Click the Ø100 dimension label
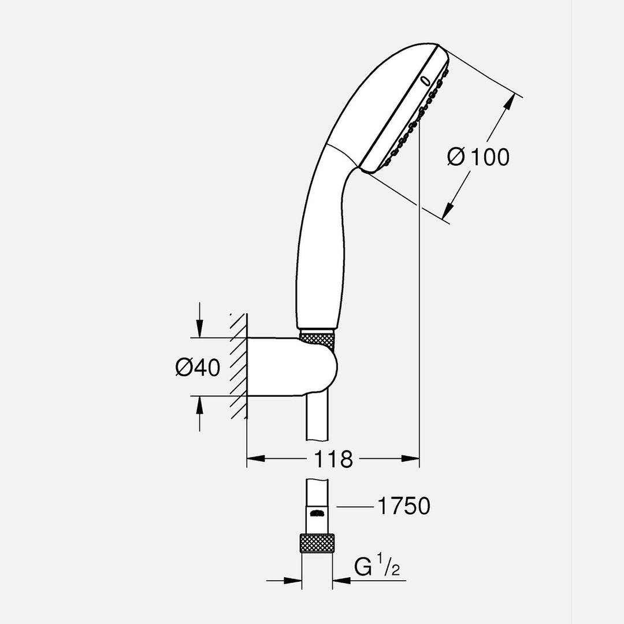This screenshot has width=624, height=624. [478, 157]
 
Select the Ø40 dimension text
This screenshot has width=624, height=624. [198, 367]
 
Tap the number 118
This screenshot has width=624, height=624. [333, 459]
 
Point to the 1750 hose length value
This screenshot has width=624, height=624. [403, 507]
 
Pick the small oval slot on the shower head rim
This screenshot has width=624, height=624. [426, 82]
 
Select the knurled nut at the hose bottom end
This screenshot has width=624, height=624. [317, 543]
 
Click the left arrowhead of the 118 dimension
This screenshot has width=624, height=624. [255, 459]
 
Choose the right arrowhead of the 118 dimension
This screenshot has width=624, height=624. [410, 459]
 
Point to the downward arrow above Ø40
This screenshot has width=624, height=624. [199, 329]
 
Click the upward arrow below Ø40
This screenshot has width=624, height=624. [199, 405]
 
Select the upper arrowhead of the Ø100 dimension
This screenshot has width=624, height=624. [508, 103]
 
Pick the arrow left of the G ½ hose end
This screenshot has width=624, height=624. [292, 581]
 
